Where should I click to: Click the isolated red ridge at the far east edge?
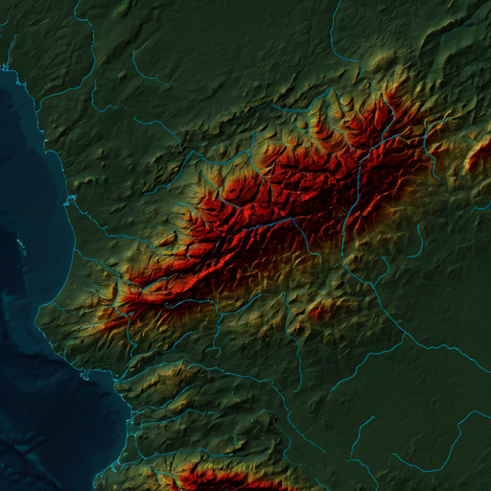click(x=479, y=154)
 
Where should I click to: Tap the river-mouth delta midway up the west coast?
click(x=70, y=200)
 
